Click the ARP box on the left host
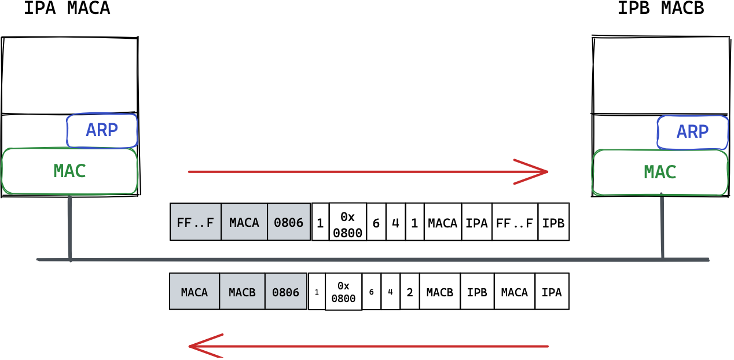click(x=102, y=131)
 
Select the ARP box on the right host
click(x=693, y=132)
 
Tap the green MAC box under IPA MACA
click(x=69, y=171)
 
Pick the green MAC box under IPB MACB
click(x=660, y=172)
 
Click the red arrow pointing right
click(x=368, y=172)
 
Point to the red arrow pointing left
click(x=369, y=346)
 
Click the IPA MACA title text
click(x=67, y=8)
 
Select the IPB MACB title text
click(x=661, y=8)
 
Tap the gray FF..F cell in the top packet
click(x=195, y=222)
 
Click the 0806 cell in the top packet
click(x=289, y=222)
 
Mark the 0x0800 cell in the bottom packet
click(x=343, y=291)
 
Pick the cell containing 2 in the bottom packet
click(x=410, y=291)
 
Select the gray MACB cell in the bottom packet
click(x=242, y=291)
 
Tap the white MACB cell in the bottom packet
click(x=440, y=291)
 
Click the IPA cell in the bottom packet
click(x=552, y=291)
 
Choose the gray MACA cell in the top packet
click(x=244, y=222)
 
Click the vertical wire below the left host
click(x=70, y=228)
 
